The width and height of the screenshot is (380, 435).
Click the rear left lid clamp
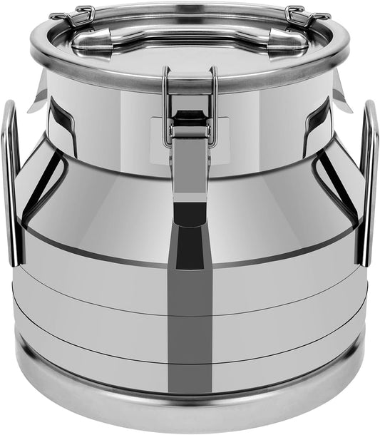tap(72, 17)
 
